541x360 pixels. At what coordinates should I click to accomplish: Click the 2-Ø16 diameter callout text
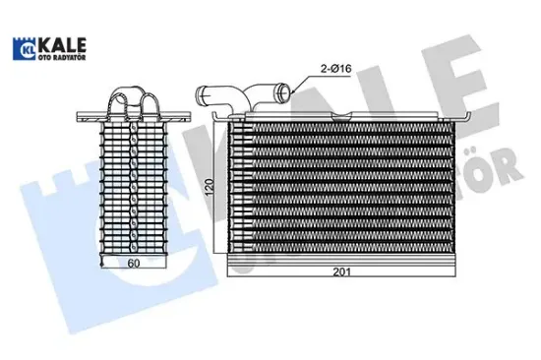[335, 68]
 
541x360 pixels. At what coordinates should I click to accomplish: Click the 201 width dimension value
[342, 272]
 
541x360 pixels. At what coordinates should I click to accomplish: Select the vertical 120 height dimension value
[210, 188]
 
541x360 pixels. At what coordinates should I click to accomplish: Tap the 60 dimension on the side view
[134, 263]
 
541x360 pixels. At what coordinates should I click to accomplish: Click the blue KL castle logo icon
[24, 48]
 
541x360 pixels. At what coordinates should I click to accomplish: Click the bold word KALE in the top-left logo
[61, 45]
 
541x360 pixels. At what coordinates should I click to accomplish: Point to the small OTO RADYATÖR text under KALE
[61, 58]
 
